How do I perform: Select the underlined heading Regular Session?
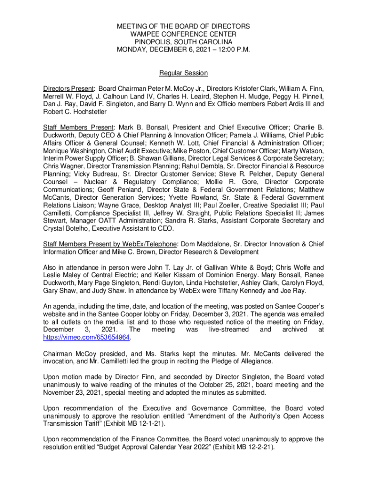[183, 73]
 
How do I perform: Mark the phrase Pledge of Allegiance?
[231, 361]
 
